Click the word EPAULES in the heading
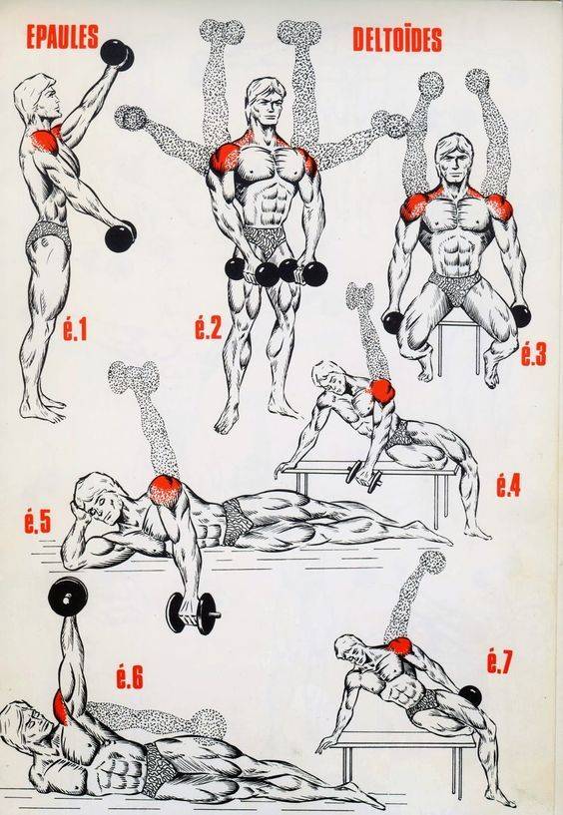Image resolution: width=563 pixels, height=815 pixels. [x=62, y=37]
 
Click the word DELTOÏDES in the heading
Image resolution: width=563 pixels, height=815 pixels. [x=397, y=40]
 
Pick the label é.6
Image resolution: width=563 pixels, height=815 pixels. [x=129, y=675]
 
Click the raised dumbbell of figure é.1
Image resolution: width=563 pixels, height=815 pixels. [x=117, y=54]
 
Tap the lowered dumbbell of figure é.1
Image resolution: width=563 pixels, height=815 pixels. [x=121, y=236]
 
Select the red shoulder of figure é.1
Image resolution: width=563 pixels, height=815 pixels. [x=46, y=141]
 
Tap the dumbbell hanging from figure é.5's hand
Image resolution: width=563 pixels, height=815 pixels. [x=193, y=612]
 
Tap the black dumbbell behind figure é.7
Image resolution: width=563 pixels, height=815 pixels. [x=471, y=695]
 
